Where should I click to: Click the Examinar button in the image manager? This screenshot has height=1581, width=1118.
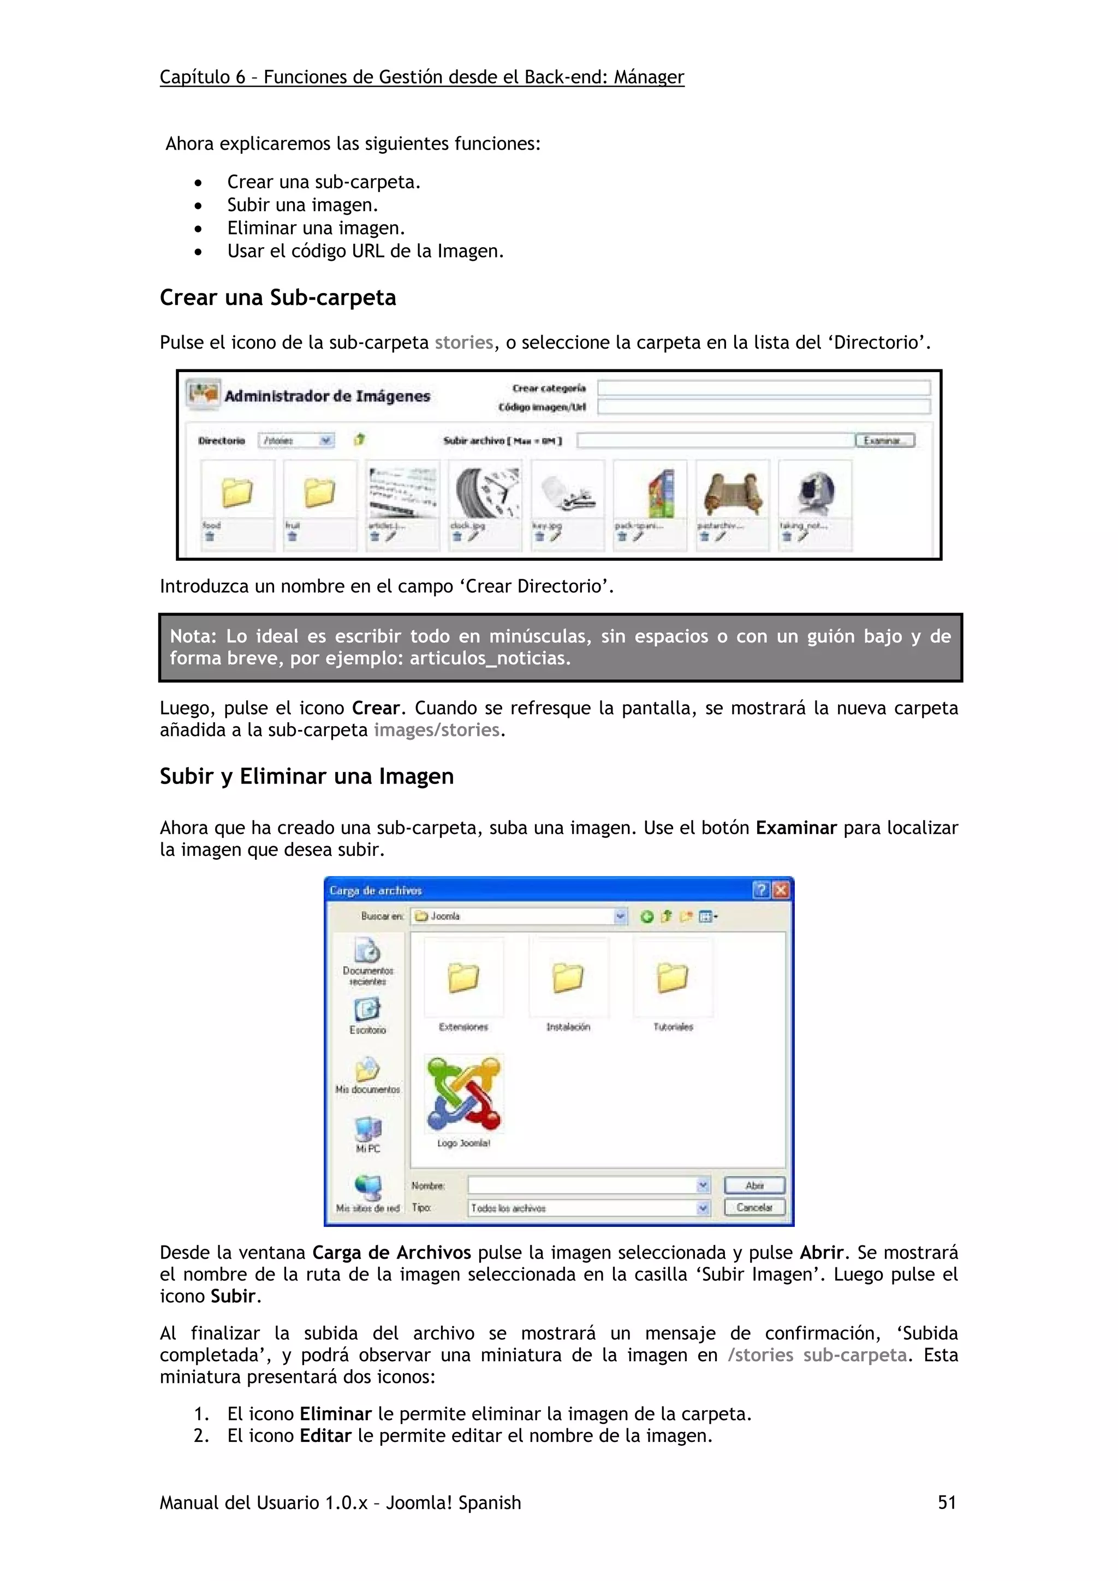pos(884,441)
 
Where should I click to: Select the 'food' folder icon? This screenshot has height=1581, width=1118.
pos(236,492)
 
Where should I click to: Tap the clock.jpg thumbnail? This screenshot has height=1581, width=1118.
pos(485,492)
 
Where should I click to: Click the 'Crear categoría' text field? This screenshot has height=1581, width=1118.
pos(763,388)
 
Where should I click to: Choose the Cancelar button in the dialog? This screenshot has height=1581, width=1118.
pos(754,1207)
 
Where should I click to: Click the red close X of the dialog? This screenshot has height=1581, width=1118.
pos(781,890)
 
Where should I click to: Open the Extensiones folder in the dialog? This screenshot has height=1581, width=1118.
pos(463,978)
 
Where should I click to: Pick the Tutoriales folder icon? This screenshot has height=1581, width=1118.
pos(673,978)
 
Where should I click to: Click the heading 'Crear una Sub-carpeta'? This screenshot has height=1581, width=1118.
pos(278,297)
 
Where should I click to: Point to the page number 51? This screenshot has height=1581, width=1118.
pos(947,1502)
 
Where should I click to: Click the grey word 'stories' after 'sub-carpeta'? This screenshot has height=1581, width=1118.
pos(463,342)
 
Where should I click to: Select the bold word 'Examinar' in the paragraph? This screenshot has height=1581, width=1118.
pos(795,828)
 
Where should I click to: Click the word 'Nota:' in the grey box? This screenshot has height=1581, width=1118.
pos(193,636)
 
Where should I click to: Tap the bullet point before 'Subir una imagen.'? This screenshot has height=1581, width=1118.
pos(198,206)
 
